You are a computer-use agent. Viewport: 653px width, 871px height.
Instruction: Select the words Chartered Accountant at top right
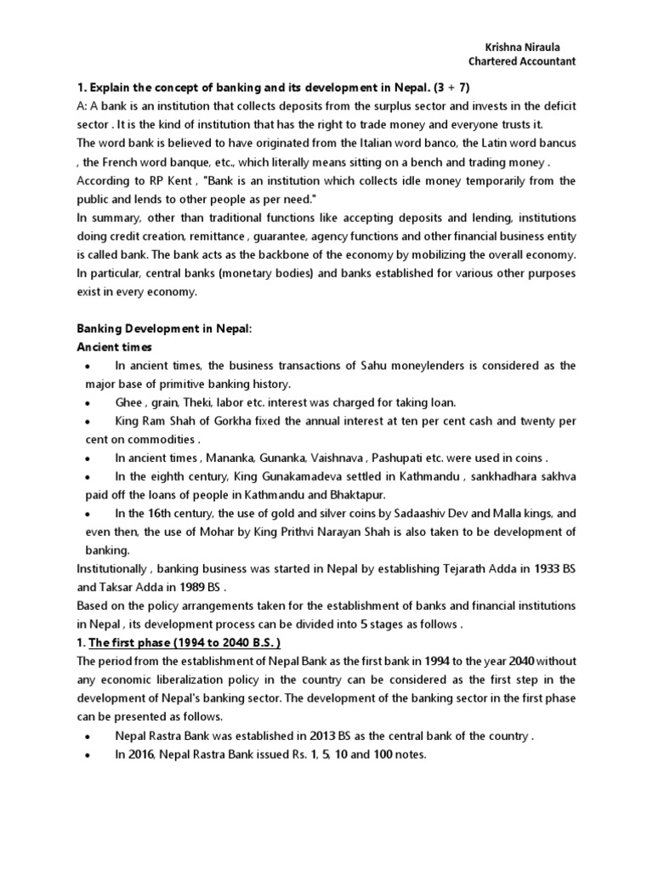[x=522, y=61]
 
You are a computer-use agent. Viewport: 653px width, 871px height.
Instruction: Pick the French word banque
[x=173, y=163]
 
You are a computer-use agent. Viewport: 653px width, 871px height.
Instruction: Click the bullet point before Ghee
[x=88, y=403]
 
